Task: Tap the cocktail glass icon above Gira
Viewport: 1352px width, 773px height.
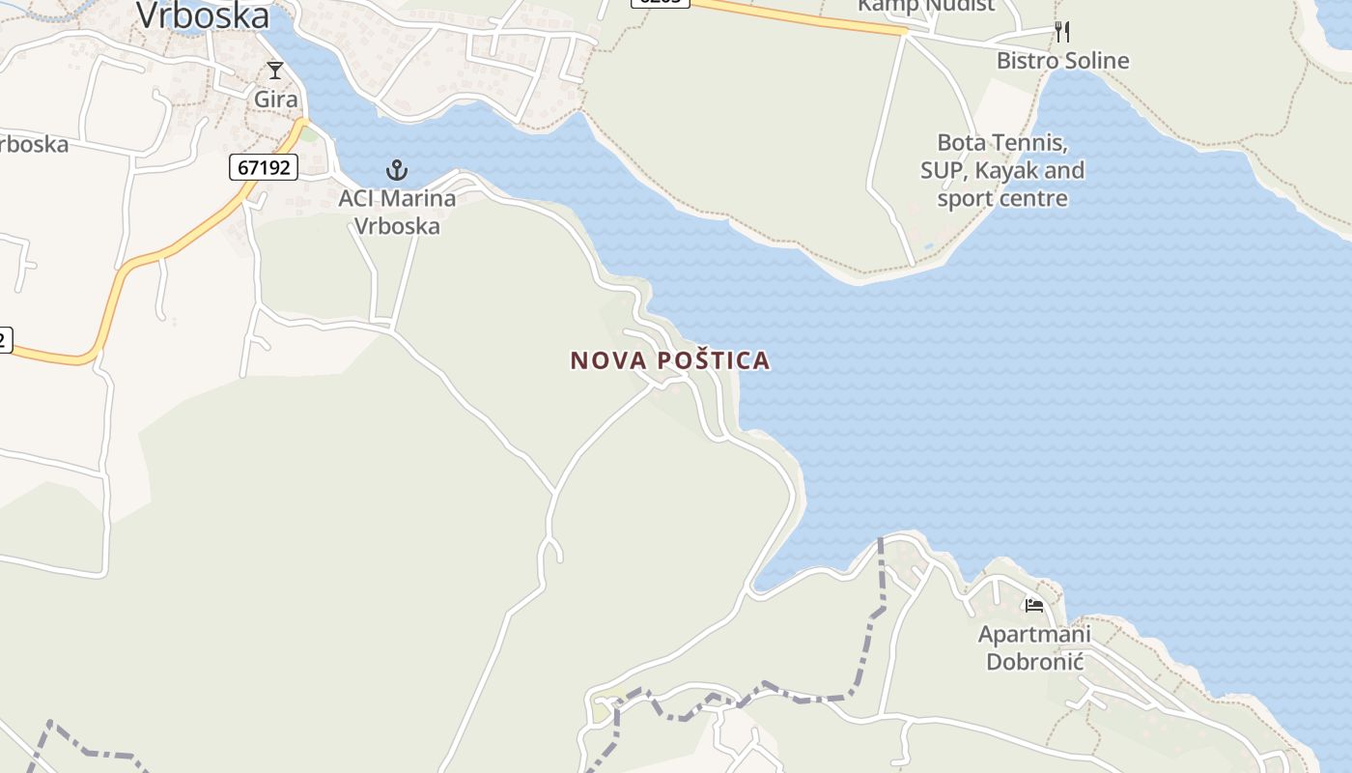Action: [x=275, y=71]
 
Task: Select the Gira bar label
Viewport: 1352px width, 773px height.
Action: [x=275, y=99]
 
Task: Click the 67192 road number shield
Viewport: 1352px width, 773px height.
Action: [x=264, y=167]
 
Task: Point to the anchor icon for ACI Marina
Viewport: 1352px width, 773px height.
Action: [x=396, y=171]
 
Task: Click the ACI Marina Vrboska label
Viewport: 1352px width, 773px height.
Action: [x=397, y=212]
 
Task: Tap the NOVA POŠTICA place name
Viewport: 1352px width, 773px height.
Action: [x=670, y=360]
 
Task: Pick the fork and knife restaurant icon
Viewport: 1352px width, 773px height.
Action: [x=1062, y=32]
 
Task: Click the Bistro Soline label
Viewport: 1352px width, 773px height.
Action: [x=1062, y=61]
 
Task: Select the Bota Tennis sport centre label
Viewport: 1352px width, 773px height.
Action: [x=1002, y=171]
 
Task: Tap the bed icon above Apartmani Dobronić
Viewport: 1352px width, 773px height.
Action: [x=1034, y=606]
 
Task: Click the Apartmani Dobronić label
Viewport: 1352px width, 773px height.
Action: [x=1034, y=648]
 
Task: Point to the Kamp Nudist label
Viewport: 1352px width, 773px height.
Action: [x=925, y=6]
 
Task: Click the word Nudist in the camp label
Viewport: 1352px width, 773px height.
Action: [x=959, y=6]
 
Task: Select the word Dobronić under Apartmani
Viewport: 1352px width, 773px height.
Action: [x=1034, y=662]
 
